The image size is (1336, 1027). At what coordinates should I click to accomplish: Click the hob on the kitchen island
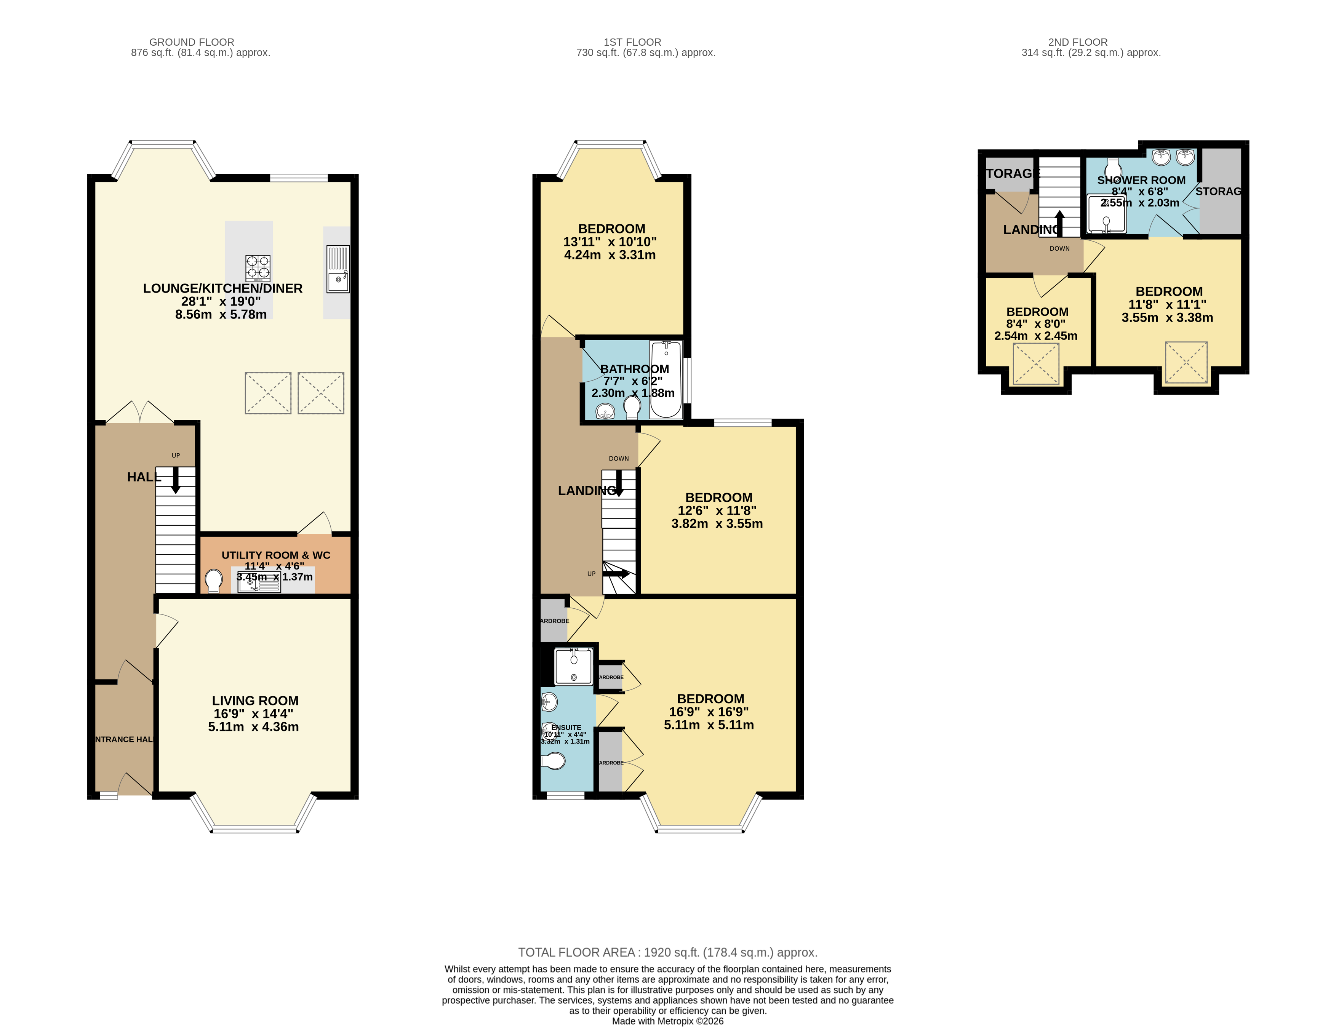coord(257,268)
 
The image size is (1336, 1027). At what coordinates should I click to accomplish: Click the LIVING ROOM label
coord(255,701)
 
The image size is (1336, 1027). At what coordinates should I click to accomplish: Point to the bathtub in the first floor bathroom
coord(666,379)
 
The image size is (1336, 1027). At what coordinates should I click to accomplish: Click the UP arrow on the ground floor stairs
coord(175,480)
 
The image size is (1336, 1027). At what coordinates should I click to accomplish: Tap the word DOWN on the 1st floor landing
coord(619,459)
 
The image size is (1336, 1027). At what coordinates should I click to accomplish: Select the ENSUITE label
coord(566,728)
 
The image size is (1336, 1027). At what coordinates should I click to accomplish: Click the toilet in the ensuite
coord(554,761)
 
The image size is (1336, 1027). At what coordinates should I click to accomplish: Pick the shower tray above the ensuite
coord(573,666)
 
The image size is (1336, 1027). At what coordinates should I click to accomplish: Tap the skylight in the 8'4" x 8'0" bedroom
coord(1036,364)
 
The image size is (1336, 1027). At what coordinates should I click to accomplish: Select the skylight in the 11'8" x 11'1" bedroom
coord(1186,363)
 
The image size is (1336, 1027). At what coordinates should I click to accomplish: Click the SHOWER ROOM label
coord(1141,180)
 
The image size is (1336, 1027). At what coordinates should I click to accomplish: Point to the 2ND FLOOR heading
coord(1077,42)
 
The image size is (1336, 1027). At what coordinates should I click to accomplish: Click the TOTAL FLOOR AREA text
coord(667,952)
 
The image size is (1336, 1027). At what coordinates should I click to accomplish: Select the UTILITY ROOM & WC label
coord(276,555)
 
